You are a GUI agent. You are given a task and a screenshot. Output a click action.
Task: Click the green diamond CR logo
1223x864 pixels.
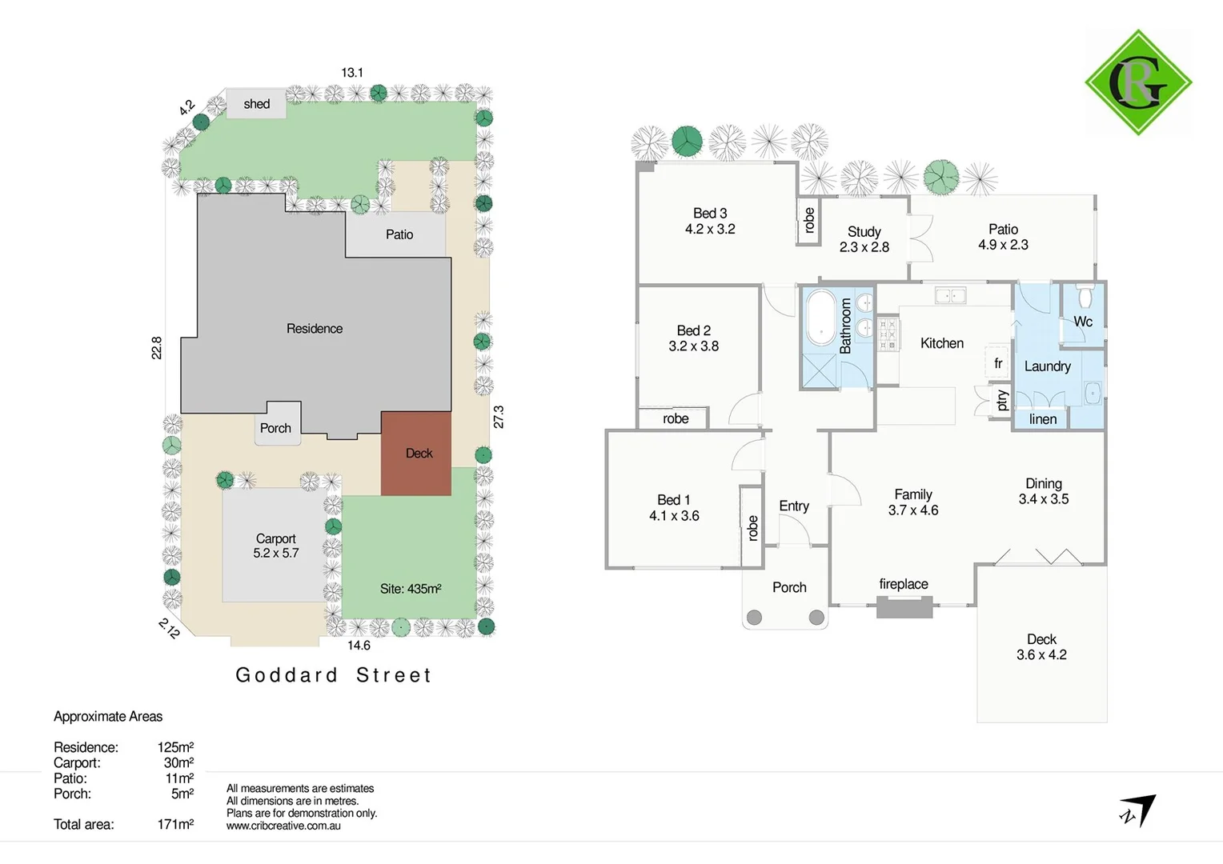click(1137, 82)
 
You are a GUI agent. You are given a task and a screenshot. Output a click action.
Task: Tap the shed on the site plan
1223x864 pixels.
click(256, 104)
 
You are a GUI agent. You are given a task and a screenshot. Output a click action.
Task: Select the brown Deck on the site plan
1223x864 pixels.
click(416, 454)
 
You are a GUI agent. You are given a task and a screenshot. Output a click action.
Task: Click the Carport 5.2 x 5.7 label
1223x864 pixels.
click(276, 546)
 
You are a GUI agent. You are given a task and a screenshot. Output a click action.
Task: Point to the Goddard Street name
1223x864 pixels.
click(334, 675)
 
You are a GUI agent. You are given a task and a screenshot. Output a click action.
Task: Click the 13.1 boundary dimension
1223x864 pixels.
click(352, 73)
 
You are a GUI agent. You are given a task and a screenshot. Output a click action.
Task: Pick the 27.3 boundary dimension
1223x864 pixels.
click(499, 417)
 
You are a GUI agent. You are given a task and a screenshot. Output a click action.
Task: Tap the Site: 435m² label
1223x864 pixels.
click(411, 589)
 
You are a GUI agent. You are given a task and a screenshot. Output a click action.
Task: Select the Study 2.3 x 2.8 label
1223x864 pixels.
click(864, 239)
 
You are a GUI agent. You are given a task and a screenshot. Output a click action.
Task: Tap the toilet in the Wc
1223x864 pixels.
click(1085, 298)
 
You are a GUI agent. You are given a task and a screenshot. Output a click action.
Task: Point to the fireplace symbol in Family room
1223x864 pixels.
click(904, 608)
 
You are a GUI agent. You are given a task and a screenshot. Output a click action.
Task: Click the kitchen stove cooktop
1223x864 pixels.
click(888, 335)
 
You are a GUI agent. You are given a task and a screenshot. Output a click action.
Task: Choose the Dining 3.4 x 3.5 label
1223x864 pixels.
click(1044, 491)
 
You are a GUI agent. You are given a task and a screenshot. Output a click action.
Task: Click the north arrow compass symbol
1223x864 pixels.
click(1138, 810)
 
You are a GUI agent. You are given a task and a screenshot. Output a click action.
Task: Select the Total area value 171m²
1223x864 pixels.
click(175, 824)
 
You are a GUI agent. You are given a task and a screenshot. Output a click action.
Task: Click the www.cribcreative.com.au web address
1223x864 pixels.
click(283, 826)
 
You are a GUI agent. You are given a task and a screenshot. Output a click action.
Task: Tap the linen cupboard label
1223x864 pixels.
click(1043, 419)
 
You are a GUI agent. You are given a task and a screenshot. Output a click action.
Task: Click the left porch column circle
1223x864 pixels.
click(754, 618)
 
